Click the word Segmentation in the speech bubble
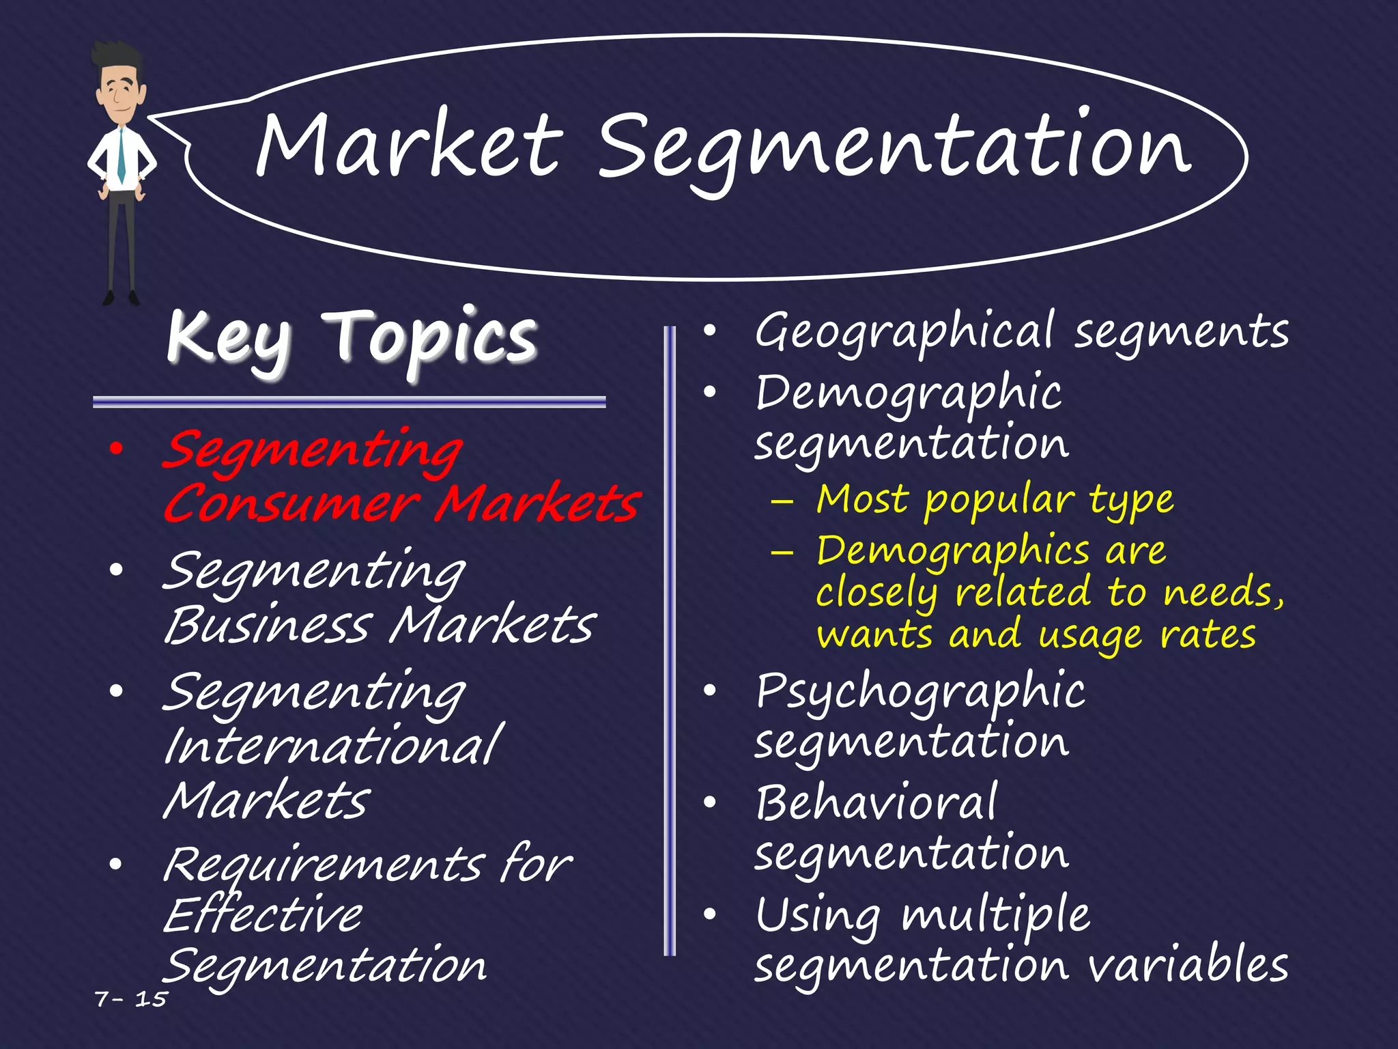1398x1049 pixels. pyautogui.click(x=894, y=149)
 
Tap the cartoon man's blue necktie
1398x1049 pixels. pyautogui.click(x=121, y=155)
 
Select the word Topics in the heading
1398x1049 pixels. pyautogui.click(x=434, y=338)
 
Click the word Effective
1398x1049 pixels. pyautogui.click(x=263, y=915)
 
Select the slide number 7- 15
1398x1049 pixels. pyautogui.click(x=131, y=999)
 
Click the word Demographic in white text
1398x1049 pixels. pyautogui.click(x=908, y=395)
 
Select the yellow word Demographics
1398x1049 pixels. pyautogui.click(x=953, y=552)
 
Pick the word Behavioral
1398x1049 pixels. pyautogui.click(x=876, y=803)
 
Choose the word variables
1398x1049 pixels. pyautogui.click(x=1188, y=965)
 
